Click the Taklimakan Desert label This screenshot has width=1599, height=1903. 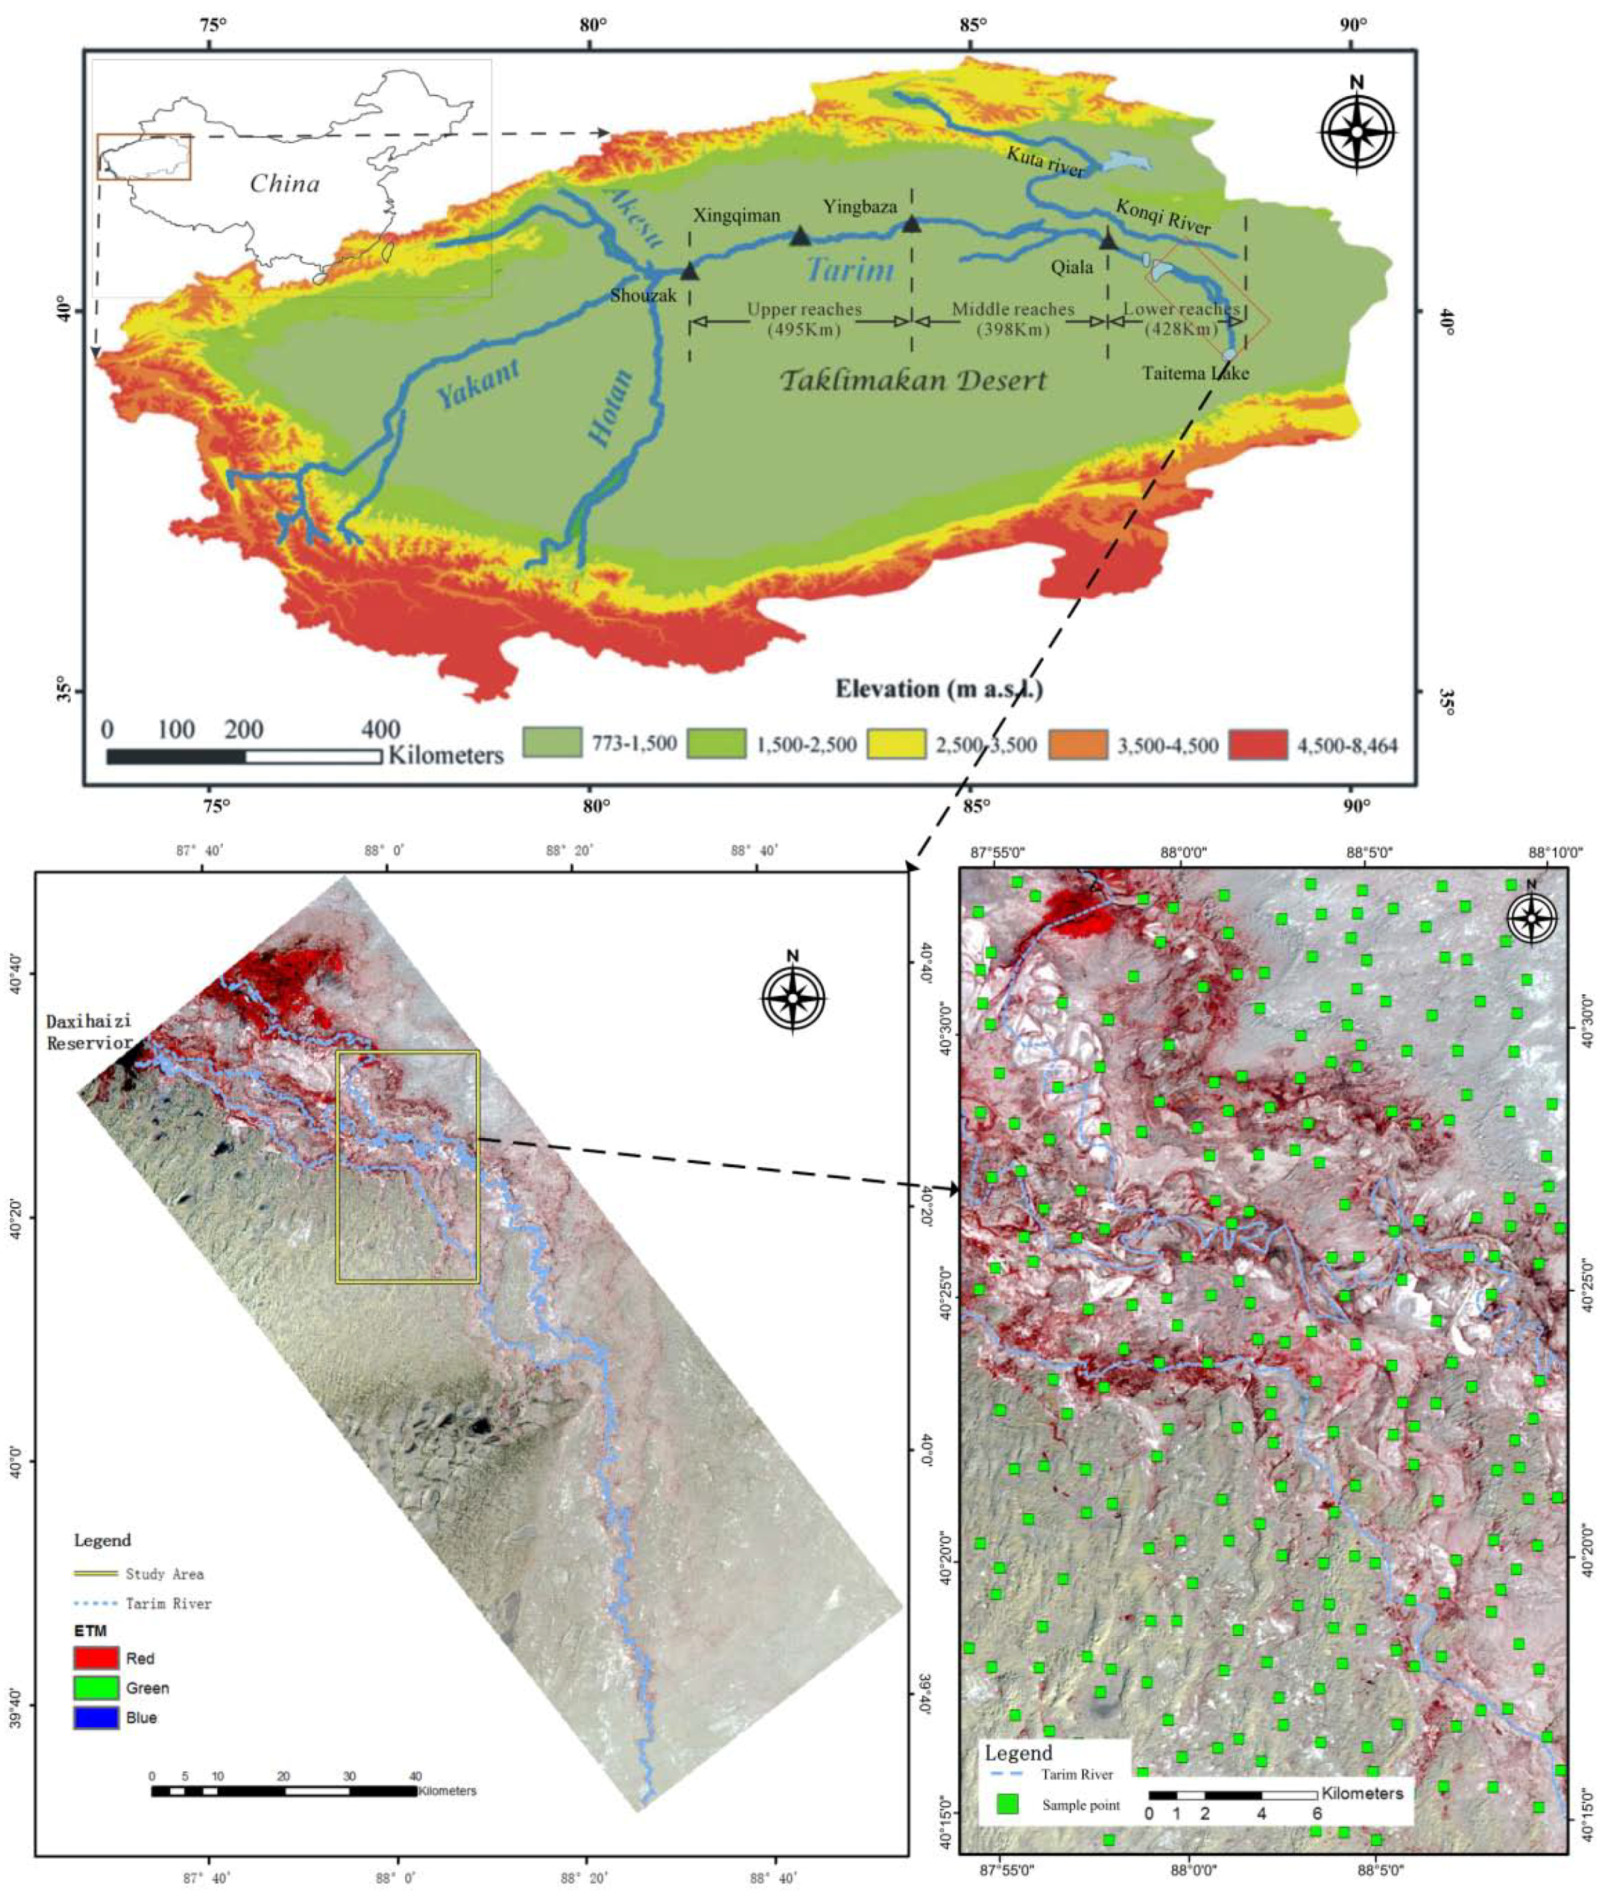click(914, 380)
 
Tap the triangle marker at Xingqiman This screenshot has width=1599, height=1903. click(799, 237)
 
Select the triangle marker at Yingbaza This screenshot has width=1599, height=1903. click(912, 223)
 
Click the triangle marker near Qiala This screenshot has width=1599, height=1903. click(1108, 240)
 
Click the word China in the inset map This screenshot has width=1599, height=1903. click(284, 184)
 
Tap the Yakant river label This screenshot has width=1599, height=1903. click(478, 384)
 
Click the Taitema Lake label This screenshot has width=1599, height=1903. click(1195, 373)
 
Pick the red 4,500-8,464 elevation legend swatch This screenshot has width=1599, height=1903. click(1257, 745)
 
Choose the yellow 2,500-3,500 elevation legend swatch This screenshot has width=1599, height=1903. click(896, 745)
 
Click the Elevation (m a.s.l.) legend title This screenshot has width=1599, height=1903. click(938, 689)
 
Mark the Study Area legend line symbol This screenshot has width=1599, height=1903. click(96, 1573)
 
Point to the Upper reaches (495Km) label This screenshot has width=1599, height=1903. click(804, 319)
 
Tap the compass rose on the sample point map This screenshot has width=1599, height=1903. click(1531, 918)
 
